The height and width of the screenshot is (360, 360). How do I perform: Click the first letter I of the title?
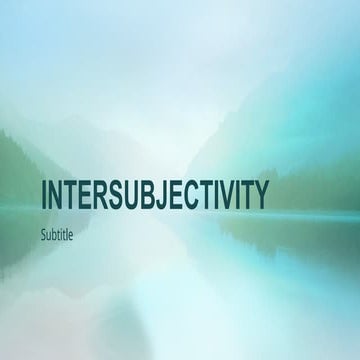point(44,195)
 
